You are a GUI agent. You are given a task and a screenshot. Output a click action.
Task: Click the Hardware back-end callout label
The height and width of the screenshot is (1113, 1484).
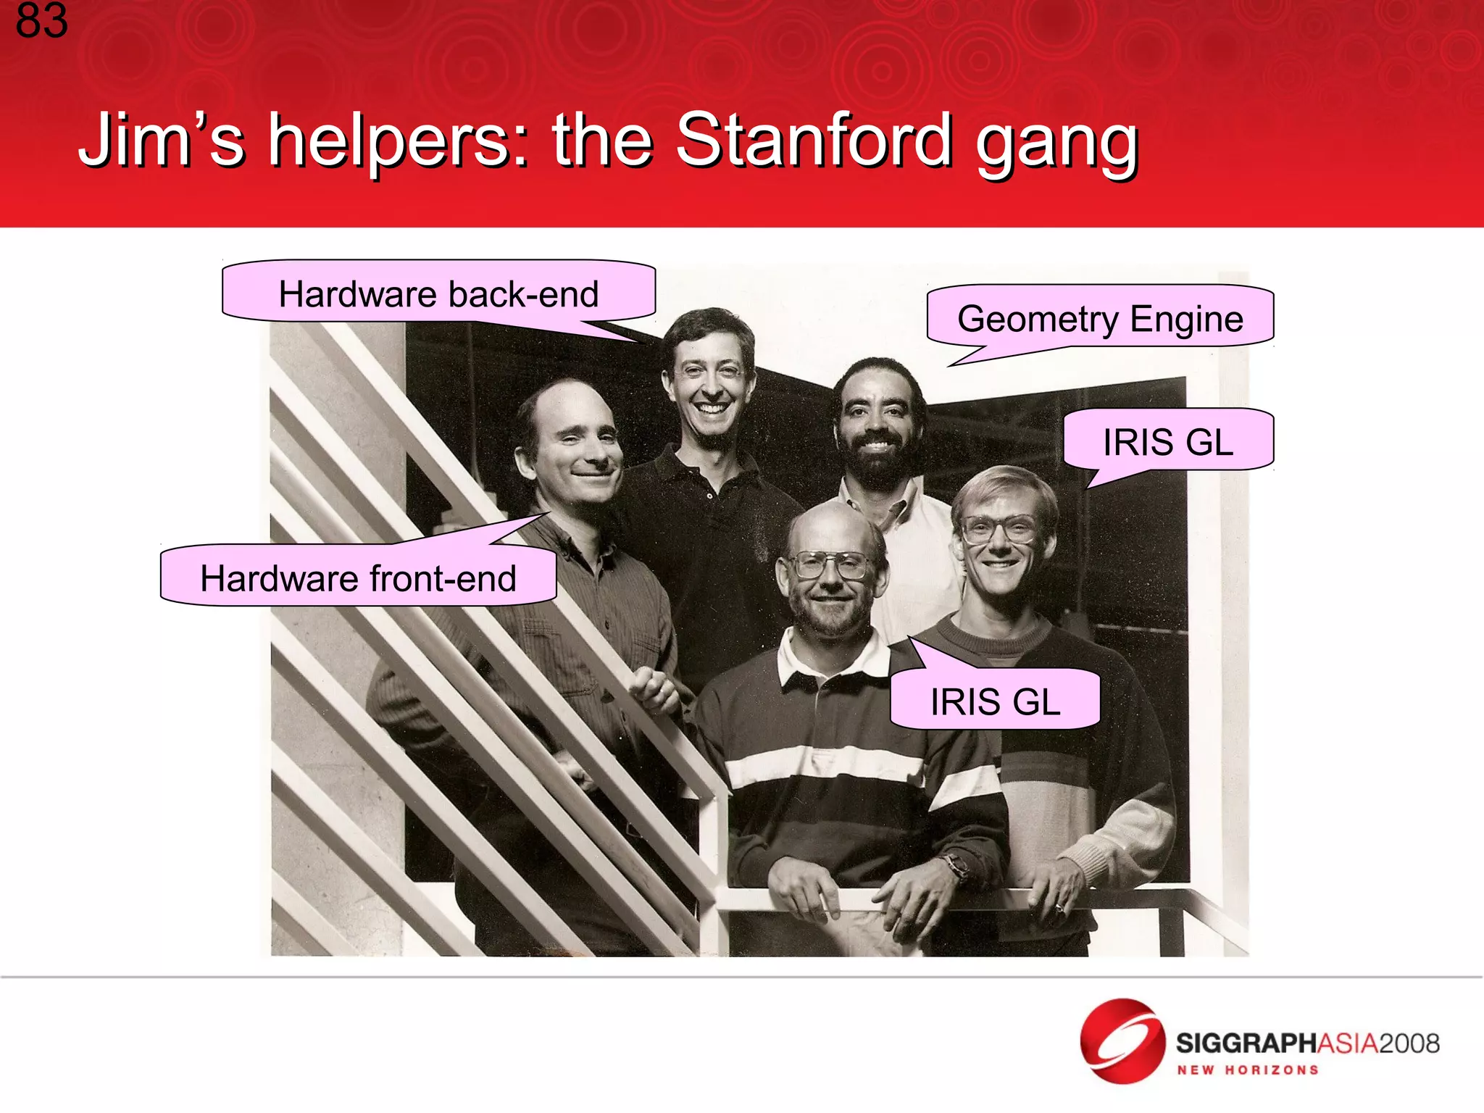[438, 293]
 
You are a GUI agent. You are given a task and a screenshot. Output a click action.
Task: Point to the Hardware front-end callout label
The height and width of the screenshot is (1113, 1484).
[358, 578]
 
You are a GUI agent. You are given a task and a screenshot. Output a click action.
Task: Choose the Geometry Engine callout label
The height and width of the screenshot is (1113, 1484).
[1099, 318]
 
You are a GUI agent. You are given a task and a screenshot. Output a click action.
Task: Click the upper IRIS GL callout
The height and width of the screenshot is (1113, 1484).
[1167, 441]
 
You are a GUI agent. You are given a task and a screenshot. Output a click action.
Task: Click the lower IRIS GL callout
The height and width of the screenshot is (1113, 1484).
[995, 701]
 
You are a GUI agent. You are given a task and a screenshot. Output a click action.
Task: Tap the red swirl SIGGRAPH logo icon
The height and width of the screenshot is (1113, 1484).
[1122, 1041]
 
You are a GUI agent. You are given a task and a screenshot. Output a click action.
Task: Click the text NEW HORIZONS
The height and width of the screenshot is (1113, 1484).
[1247, 1070]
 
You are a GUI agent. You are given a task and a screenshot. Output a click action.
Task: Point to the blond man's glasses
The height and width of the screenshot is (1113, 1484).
[999, 530]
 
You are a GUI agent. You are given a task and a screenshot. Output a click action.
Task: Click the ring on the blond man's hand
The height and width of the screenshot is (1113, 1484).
[1059, 907]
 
